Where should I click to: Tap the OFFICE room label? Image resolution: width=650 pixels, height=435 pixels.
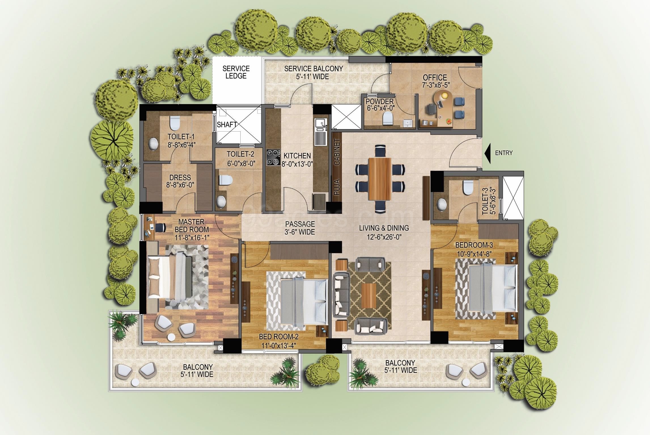point(435,77)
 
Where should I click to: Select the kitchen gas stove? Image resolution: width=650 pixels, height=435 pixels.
point(273,157)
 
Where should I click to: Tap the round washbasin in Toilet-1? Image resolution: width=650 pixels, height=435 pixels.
point(154,144)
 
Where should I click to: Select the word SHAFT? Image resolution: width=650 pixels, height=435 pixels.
point(227,124)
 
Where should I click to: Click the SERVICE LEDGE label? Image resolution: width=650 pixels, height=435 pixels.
point(236,72)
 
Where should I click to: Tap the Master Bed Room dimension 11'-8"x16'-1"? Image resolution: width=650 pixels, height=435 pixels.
point(192,238)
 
